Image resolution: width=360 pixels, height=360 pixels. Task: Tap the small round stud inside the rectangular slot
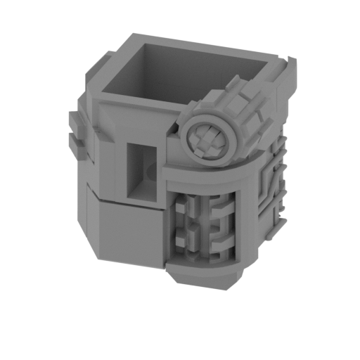pyautogui.click(x=150, y=170)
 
